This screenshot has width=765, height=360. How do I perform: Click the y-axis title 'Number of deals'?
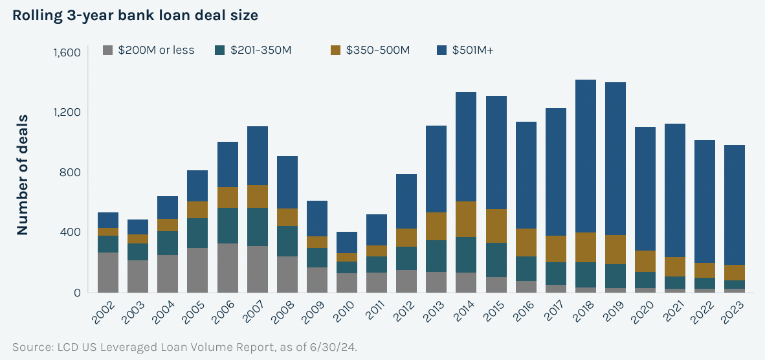pyautogui.click(x=23, y=175)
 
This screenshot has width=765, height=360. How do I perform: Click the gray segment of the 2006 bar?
pyautogui.click(x=228, y=267)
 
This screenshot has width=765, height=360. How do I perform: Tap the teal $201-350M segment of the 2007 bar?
pyautogui.click(x=258, y=227)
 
